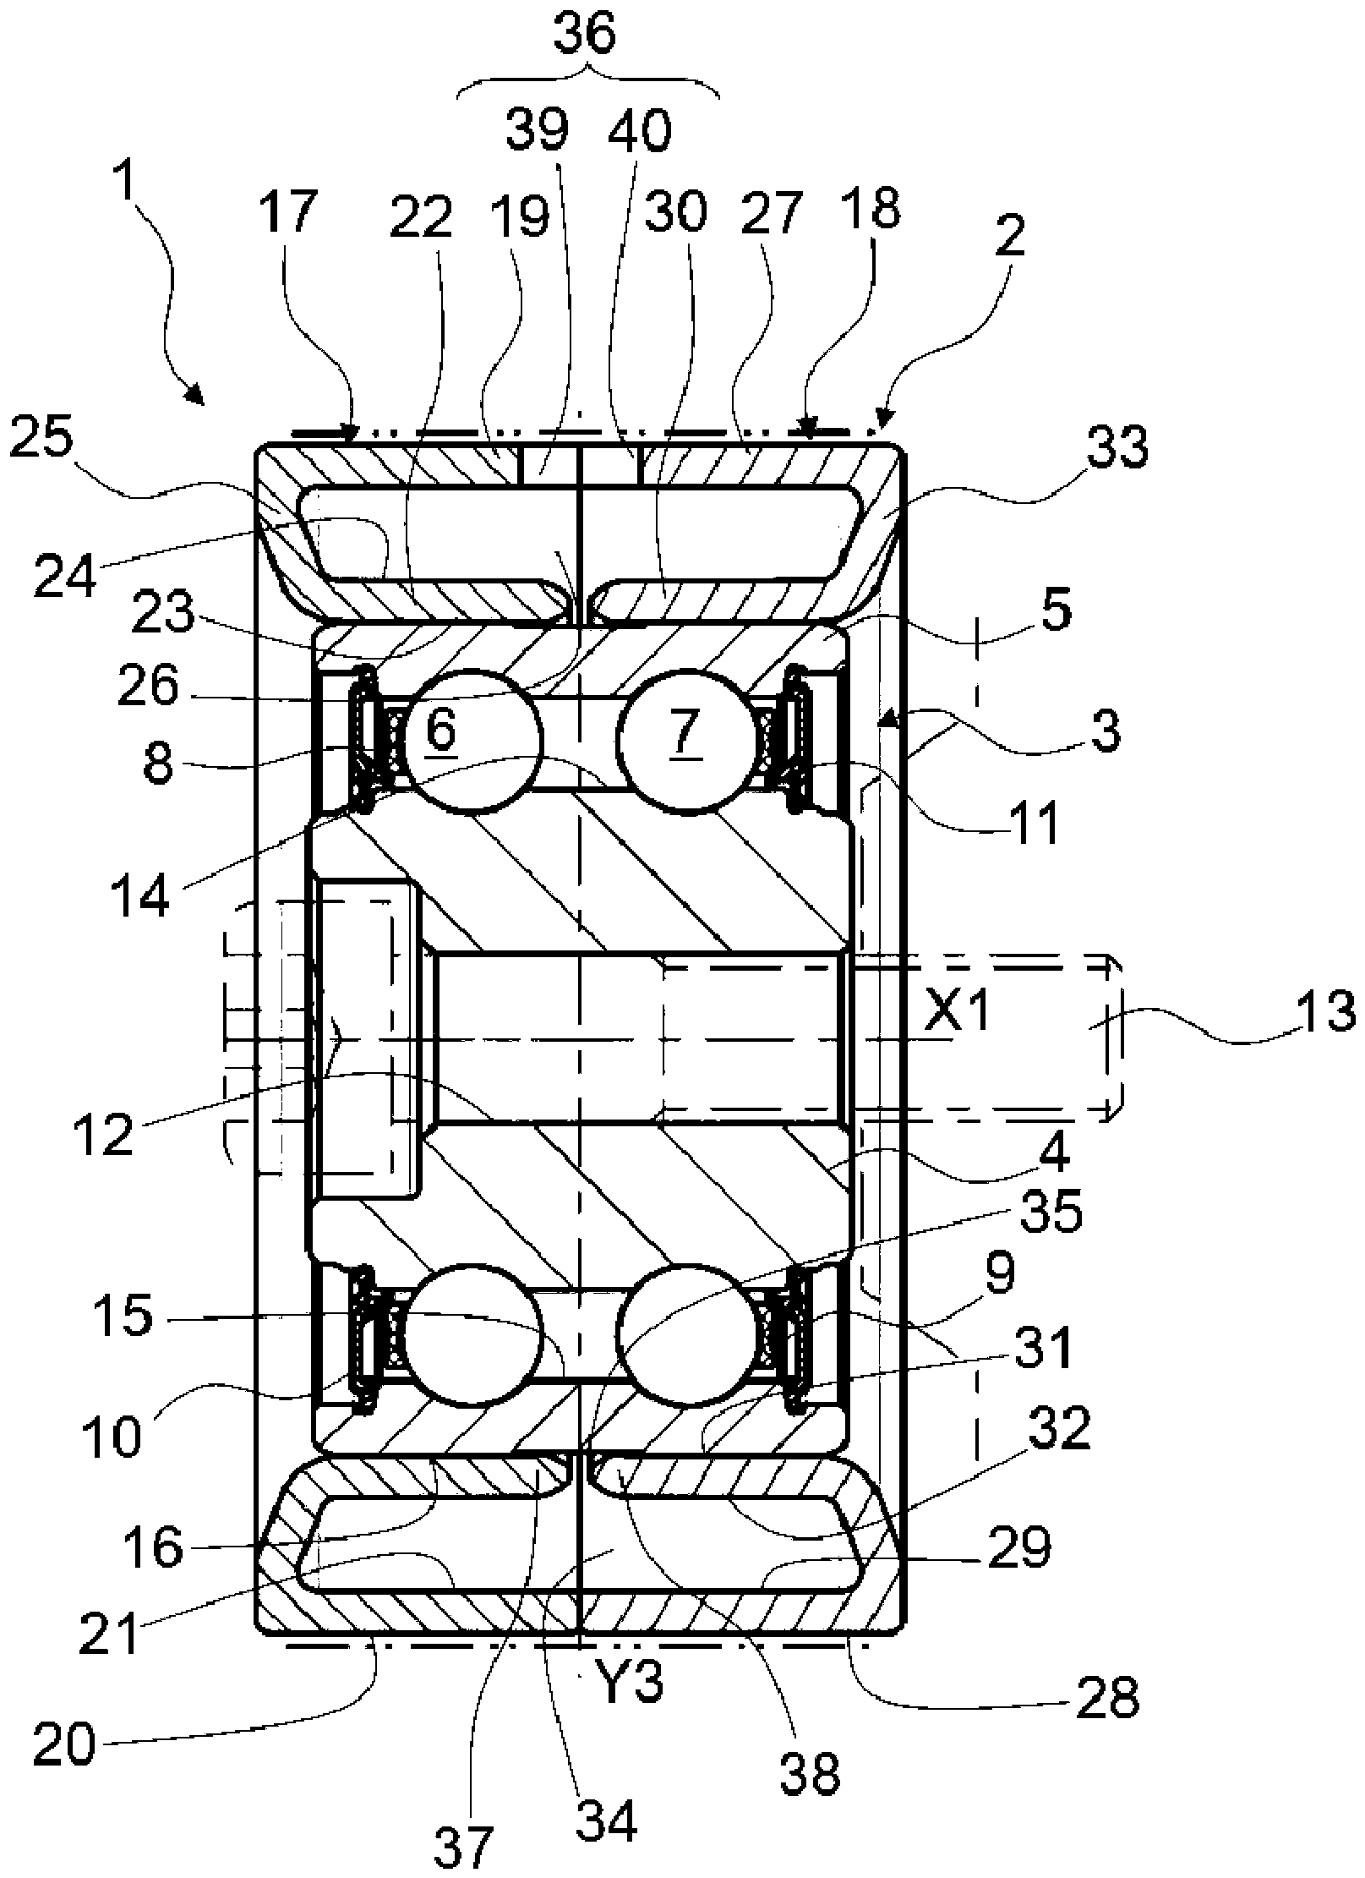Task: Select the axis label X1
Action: [x=955, y=1012]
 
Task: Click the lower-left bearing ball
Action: [x=472, y=1334]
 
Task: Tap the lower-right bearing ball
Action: [x=685, y=1334]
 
